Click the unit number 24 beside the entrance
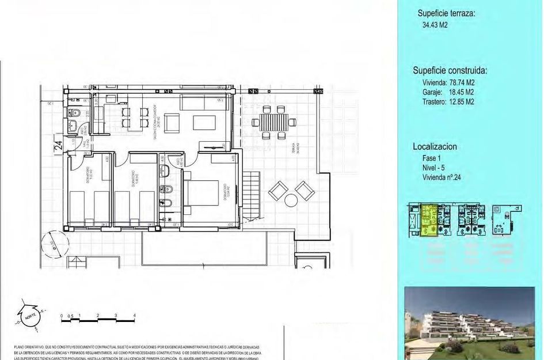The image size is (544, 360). (58, 146)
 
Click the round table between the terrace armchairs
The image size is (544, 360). (291, 200)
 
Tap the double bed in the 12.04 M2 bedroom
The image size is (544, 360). (201, 194)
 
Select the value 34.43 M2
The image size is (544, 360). (435, 25)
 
